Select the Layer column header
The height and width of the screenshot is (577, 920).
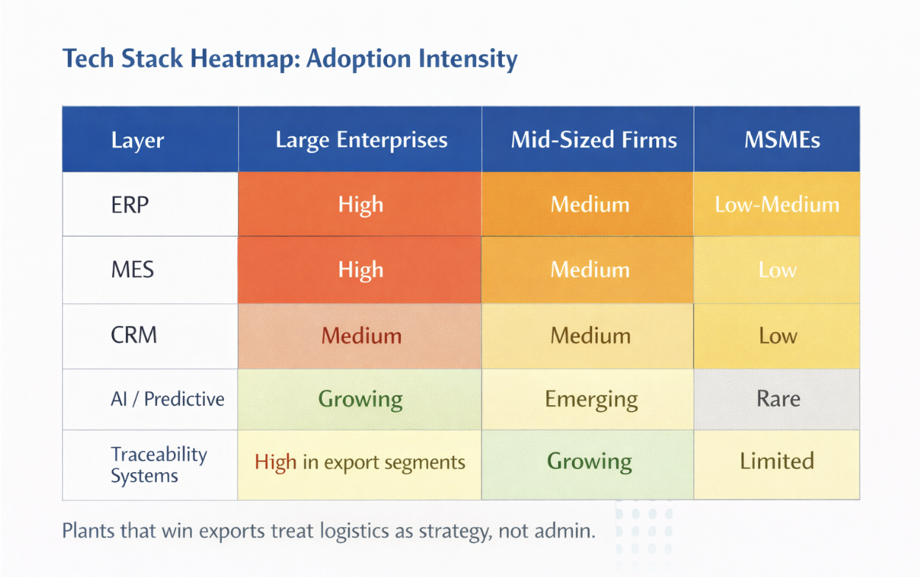pos(138,140)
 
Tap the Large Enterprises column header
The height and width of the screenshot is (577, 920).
pos(361,139)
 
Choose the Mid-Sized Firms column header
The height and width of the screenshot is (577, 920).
pos(593,139)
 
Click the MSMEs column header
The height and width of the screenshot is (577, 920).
pos(782,139)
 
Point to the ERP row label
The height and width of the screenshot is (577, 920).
pos(130,204)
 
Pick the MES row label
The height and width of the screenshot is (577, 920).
pos(132,270)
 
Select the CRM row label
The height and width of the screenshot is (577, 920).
pos(134,335)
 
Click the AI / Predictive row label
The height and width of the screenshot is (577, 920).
pos(167,399)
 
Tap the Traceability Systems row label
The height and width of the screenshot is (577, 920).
pos(159,465)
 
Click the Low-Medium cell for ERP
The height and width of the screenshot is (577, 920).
pos(777,204)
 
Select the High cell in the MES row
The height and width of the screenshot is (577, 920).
pos(360,270)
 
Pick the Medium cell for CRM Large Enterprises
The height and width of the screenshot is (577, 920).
pos(360,336)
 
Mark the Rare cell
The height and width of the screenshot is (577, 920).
pos(777,399)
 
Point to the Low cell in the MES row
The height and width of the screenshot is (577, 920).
pos(777,270)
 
